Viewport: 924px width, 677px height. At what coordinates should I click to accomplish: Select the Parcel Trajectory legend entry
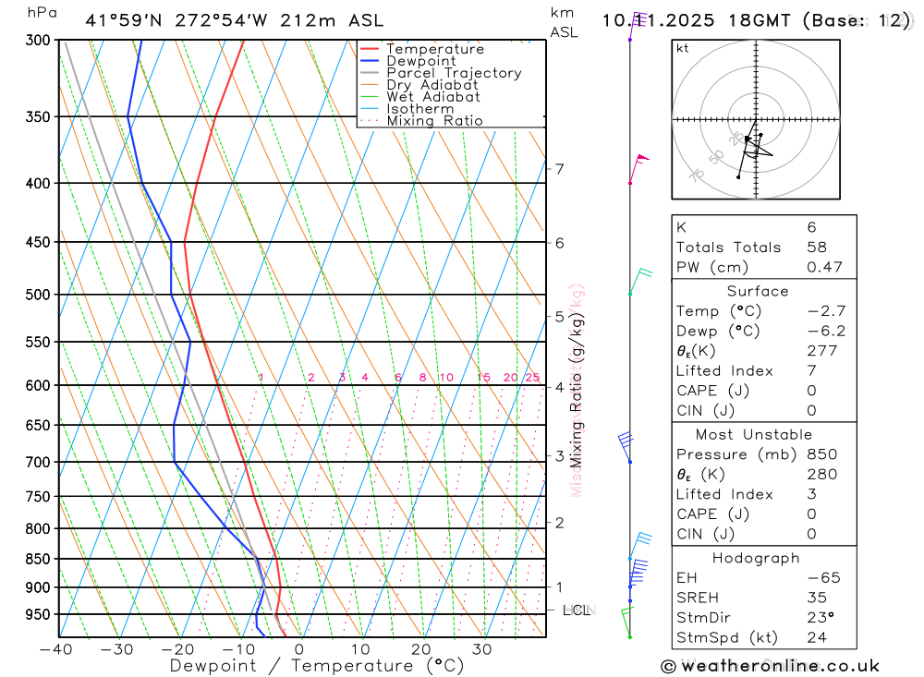(453, 73)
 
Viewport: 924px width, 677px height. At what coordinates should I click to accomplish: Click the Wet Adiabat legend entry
(432, 97)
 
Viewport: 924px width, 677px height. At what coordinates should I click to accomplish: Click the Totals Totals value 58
(816, 248)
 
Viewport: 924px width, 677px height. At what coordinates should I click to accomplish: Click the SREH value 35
(816, 598)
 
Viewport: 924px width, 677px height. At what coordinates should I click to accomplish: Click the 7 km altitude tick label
(559, 168)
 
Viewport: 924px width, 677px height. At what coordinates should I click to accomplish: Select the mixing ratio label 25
(532, 377)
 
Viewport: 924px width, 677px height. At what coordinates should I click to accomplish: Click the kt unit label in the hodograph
(683, 48)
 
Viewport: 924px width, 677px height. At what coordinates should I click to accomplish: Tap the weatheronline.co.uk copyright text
(771, 666)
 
